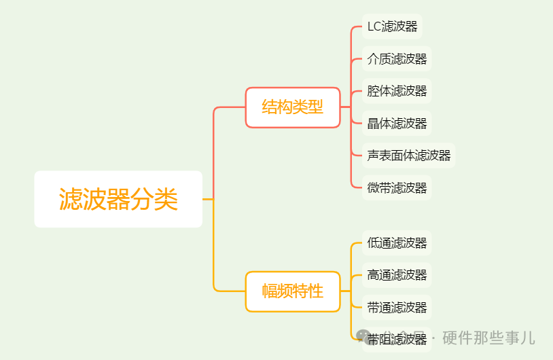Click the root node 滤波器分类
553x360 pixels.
pyautogui.click(x=118, y=199)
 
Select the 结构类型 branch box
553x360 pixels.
pyautogui.click(x=293, y=107)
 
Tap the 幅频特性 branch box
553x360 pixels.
pyautogui.click(x=293, y=291)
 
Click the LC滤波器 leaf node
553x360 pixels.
pyautogui.click(x=392, y=26)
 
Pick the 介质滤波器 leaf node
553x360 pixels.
pyautogui.click(x=397, y=59)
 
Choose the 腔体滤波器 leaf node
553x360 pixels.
pyautogui.click(x=397, y=91)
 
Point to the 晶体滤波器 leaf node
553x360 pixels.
pyautogui.click(x=397, y=123)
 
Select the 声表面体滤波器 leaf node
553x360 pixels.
pyautogui.click(x=409, y=156)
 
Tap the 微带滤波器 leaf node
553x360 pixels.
pyautogui.click(x=397, y=187)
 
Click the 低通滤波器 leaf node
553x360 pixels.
pyautogui.click(x=397, y=242)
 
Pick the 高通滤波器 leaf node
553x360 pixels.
pyautogui.click(x=397, y=275)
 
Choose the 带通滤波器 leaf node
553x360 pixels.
pyautogui.click(x=397, y=307)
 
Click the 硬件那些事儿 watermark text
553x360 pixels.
pyautogui.click(x=488, y=337)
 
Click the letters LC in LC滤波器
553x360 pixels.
pyautogui.click(x=374, y=26)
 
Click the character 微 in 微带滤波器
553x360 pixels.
pyautogui.click(x=374, y=187)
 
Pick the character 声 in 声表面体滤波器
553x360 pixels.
pyautogui.click(x=374, y=156)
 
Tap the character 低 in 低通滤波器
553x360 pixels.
pyautogui.click(x=374, y=242)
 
